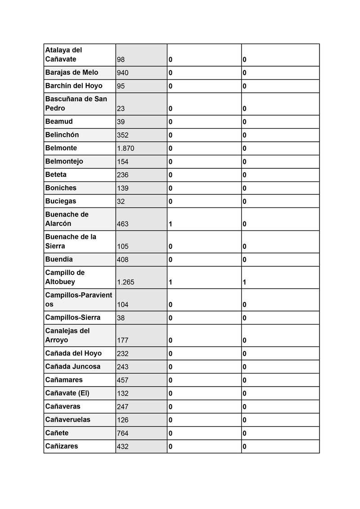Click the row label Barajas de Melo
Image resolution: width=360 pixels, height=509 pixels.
coord(72,72)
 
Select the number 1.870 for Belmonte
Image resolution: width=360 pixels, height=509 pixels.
coord(126,149)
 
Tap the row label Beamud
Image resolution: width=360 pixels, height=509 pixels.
coord(59,122)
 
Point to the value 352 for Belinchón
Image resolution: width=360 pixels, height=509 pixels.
coord(122,135)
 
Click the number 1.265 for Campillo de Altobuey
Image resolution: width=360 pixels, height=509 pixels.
coord(126,282)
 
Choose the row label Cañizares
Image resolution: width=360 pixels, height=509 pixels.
coord(62,446)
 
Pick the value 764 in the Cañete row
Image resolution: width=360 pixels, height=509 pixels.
coord(122,433)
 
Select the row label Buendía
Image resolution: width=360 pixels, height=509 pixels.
coord(59,259)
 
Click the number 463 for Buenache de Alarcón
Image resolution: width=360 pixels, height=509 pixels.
coord(122,224)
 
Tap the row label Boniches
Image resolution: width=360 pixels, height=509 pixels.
coord(61,188)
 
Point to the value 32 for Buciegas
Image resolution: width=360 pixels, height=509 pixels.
coord(121,202)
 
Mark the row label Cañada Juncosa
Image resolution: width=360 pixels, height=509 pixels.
coord(73,366)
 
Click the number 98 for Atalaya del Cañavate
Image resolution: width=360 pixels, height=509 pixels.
coord(121,59)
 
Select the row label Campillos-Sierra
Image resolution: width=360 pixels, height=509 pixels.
coord(73,317)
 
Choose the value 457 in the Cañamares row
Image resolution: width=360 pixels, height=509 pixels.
coord(122,380)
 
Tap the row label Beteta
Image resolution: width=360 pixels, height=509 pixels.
coord(56,175)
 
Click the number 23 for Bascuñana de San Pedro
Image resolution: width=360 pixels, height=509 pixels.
coord(121,108)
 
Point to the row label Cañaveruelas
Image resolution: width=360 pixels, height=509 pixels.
coord(68,419)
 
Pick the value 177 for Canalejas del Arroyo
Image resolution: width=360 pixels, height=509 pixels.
coord(122,340)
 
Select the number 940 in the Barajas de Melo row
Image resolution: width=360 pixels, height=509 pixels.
coord(122,73)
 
